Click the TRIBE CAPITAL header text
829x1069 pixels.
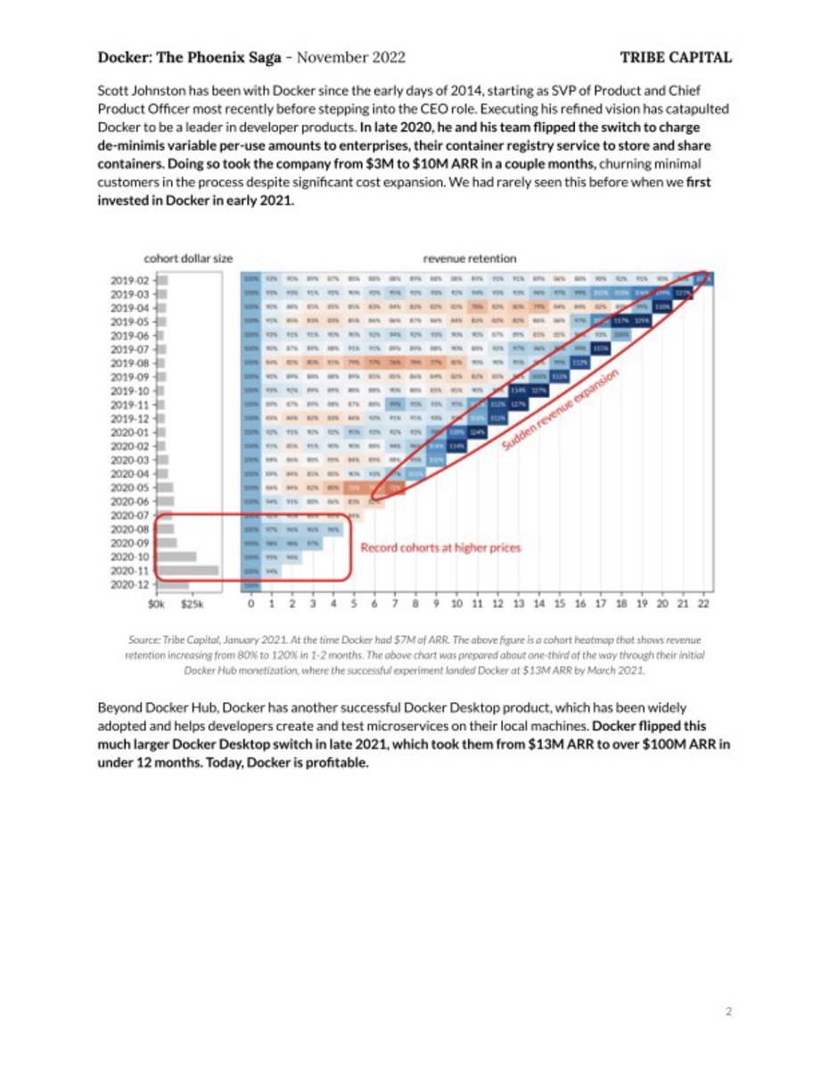click(x=676, y=58)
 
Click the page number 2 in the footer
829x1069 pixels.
click(x=728, y=1011)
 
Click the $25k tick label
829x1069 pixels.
click(x=193, y=605)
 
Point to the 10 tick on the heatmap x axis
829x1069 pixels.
click(x=456, y=605)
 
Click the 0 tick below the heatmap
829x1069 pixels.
click(x=251, y=605)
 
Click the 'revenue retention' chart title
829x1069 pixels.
click(x=469, y=258)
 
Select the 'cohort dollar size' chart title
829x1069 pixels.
click(x=188, y=258)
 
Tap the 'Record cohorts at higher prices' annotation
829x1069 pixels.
click(x=439, y=548)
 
